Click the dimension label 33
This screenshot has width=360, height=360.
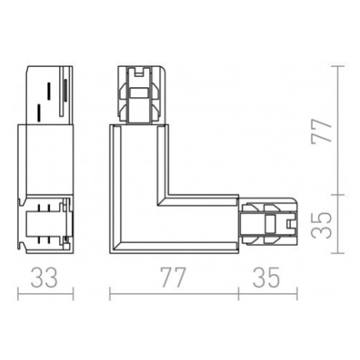click(44, 277)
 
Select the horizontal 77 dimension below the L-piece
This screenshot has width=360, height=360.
click(172, 277)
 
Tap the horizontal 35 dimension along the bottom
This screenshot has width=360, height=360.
click(267, 277)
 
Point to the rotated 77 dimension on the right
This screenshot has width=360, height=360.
click(322, 131)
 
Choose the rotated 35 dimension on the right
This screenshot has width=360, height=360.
click(322, 225)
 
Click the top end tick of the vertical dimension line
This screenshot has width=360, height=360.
click(338, 66)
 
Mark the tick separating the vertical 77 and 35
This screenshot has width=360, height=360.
click(338, 195)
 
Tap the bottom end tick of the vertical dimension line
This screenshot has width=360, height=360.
click(338, 254)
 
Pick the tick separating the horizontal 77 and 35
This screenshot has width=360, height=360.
click(238, 294)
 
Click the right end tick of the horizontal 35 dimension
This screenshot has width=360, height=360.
click(297, 294)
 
